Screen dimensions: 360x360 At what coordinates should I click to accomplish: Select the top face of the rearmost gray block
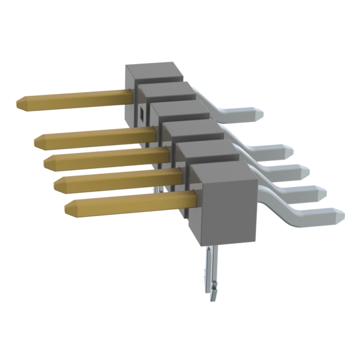click(155, 72)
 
